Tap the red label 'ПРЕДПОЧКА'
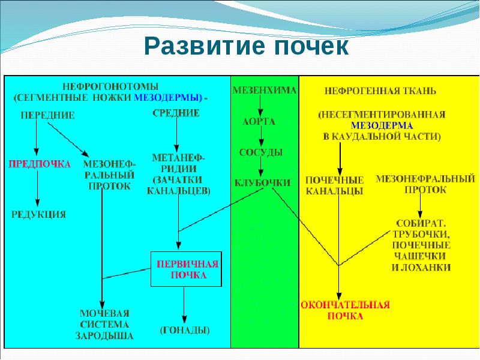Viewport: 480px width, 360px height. (39, 163)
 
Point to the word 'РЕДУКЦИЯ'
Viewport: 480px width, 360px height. (39, 214)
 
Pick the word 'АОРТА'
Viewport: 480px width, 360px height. (259, 122)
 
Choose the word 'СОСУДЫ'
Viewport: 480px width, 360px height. (260, 152)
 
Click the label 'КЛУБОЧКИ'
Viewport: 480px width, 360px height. (262, 182)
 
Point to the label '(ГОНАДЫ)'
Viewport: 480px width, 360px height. (185, 330)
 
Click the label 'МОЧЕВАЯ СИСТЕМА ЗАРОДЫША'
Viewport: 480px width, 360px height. (104, 325)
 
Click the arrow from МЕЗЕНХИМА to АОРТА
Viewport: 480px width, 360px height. (260, 106)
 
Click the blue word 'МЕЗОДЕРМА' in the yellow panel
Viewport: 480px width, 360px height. (382, 126)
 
